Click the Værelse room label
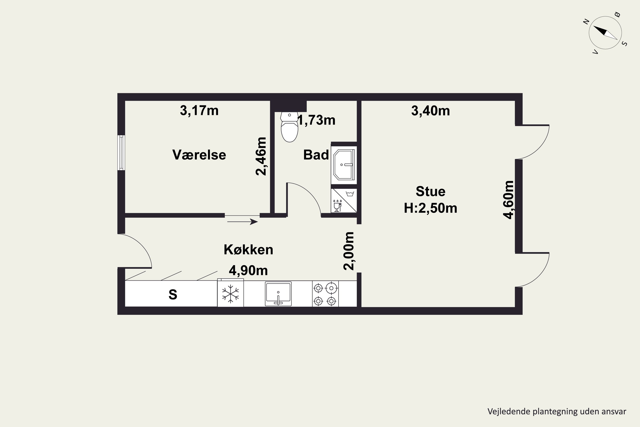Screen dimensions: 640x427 [199, 155]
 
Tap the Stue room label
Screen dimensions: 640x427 [431, 192]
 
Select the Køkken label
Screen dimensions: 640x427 [248, 249]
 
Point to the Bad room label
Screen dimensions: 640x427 [316, 155]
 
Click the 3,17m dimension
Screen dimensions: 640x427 [199, 111]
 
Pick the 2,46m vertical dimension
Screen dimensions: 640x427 [261, 156]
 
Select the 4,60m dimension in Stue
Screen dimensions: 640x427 [508, 200]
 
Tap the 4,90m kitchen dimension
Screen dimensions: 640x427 [248, 271]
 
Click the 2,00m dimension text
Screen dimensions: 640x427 [349, 251]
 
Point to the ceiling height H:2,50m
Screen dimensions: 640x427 [431, 208]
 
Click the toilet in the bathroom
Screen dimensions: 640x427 [289, 127]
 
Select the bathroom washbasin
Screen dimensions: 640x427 [344, 165]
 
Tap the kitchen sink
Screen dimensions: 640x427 [278, 294]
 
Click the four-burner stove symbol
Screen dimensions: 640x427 [325, 294]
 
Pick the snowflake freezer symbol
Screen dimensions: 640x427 [230, 294]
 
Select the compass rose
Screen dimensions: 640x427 [605, 33]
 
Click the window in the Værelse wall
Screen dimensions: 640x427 [121, 153]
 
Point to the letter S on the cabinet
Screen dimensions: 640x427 [173, 294]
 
